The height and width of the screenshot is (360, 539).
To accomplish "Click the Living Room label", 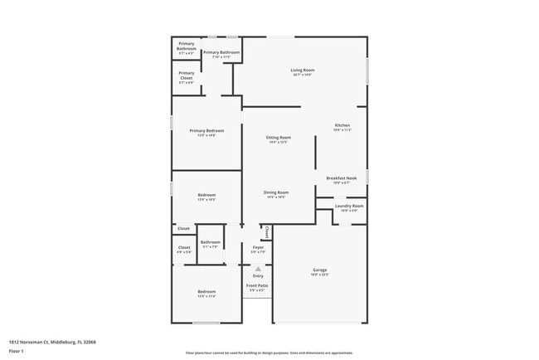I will tap(302, 70).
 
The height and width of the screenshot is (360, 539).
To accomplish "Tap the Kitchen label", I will tap(342, 125).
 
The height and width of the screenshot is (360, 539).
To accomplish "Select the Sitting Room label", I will tap(278, 137).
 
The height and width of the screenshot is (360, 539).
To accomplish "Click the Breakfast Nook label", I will tap(342, 178).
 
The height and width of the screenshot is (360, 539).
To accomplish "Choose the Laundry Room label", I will tap(349, 206).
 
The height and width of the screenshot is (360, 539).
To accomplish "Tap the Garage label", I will tap(319, 270).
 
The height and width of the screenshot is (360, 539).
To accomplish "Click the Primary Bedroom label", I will tap(206, 130).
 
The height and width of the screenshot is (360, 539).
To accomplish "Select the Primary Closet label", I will tap(186, 75).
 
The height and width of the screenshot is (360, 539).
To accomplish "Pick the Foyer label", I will tap(258, 247).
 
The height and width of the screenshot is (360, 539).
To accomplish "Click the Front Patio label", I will tap(257, 285).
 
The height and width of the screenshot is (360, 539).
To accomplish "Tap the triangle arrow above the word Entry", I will tap(258, 269).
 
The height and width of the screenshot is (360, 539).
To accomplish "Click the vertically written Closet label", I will tap(266, 233).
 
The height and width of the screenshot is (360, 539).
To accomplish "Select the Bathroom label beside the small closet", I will tap(210, 242).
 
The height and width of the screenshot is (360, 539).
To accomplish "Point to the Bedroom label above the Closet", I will tap(206, 195).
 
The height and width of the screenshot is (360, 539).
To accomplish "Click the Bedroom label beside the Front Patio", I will tap(206, 291).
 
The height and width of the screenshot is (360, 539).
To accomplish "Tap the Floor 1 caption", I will tap(17, 352).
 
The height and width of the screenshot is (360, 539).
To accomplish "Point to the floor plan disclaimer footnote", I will tap(269, 352).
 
